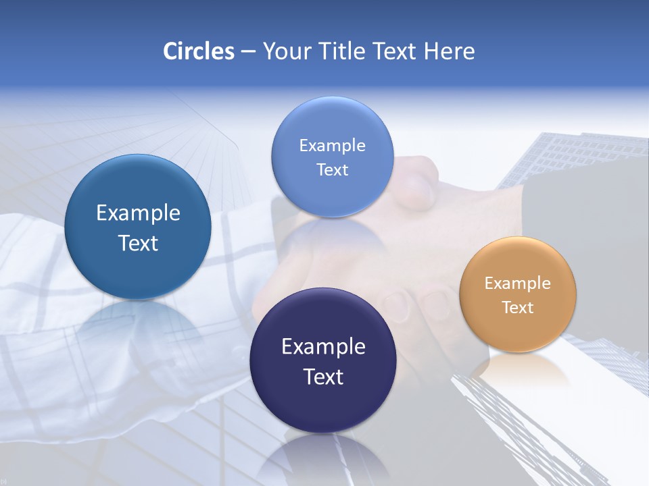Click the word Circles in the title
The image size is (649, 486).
(198, 51)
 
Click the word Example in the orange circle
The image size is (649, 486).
(517, 283)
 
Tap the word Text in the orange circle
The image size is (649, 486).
(518, 308)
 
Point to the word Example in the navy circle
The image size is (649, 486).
(323, 347)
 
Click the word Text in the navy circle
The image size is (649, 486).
(323, 377)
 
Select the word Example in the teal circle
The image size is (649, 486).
(138, 213)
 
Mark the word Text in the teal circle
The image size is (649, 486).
(138, 243)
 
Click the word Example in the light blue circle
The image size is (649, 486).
(332, 146)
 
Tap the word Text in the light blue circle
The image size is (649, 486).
(332, 170)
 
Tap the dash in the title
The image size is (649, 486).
(247, 52)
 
